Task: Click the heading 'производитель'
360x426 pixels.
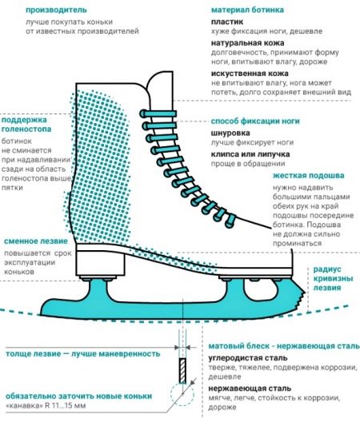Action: (56, 10)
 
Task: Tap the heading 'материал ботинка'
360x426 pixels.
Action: (247, 10)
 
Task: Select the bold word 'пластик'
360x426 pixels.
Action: (227, 22)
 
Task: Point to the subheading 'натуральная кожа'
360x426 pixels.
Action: (248, 43)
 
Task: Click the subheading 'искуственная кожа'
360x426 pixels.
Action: (250, 74)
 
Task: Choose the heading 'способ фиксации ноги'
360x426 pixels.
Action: (255, 121)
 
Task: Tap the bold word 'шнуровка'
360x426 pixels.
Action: (230, 133)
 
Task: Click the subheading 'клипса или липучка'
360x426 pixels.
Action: (250, 154)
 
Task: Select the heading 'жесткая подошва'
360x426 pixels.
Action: (309, 176)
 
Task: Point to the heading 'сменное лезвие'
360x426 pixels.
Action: (36, 241)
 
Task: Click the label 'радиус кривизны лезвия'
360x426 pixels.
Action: (333, 278)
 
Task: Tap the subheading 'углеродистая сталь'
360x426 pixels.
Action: (248, 358)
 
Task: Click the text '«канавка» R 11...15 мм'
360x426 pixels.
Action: (46, 406)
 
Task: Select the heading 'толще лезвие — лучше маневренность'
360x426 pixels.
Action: (83, 354)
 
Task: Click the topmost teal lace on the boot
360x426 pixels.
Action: (158, 113)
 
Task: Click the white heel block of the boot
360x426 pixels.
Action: (101, 263)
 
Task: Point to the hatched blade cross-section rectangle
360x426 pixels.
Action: (182, 371)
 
